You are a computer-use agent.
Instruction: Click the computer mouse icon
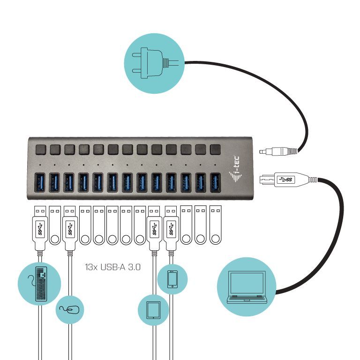tap(71, 309)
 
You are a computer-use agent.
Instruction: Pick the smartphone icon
tap(172, 279)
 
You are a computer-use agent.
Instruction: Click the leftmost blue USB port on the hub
tap(40, 182)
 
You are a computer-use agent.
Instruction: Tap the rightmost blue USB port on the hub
tap(215, 182)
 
